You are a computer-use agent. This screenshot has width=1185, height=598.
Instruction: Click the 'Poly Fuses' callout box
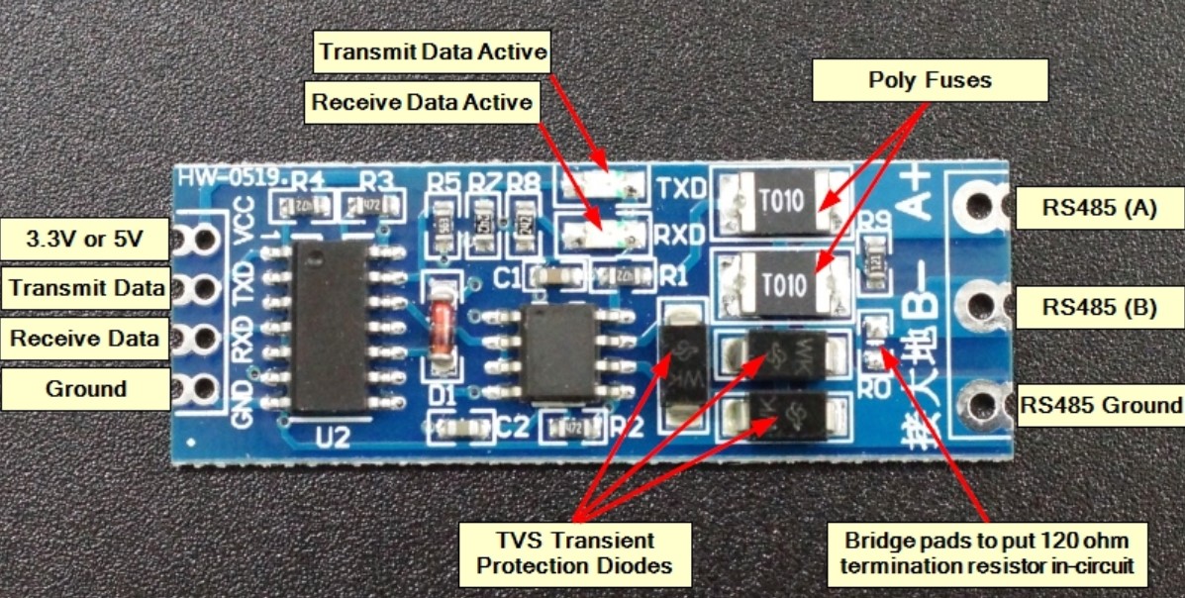[x=930, y=79]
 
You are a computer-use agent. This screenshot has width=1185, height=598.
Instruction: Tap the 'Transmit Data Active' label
[x=432, y=51]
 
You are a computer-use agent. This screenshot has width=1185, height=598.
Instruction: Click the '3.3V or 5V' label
[x=84, y=239]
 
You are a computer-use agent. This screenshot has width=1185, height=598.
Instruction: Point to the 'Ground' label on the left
[x=85, y=388]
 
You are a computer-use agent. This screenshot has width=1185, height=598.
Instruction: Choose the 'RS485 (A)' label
[x=1100, y=208]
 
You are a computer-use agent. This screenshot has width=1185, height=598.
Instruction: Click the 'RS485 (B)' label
[x=1100, y=307]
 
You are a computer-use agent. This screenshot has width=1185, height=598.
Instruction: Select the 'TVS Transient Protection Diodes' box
[x=574, y=552]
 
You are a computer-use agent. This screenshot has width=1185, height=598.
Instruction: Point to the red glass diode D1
[x=441, y=332]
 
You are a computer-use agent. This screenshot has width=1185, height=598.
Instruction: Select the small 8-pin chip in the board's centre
[x=560, y=351]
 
